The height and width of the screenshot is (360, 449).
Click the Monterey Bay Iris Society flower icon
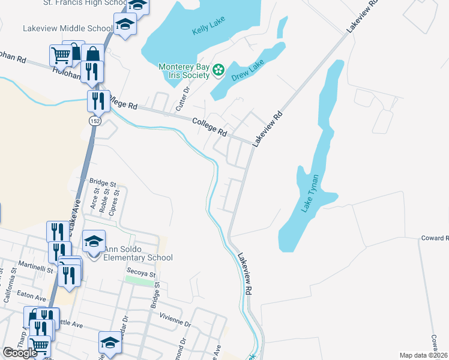click(x=218, y=71)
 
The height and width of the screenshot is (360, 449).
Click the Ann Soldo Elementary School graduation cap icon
click(x=94, y=241)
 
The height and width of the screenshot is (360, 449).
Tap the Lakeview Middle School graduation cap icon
click(x=125, y=25)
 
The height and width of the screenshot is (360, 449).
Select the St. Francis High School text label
click(x=84, y=3)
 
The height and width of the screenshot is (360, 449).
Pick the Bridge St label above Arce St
click(x=102, y=182)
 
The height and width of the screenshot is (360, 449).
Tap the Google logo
click(x=20, y=353)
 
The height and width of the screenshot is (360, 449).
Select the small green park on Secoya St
click(x=140, y=281)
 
